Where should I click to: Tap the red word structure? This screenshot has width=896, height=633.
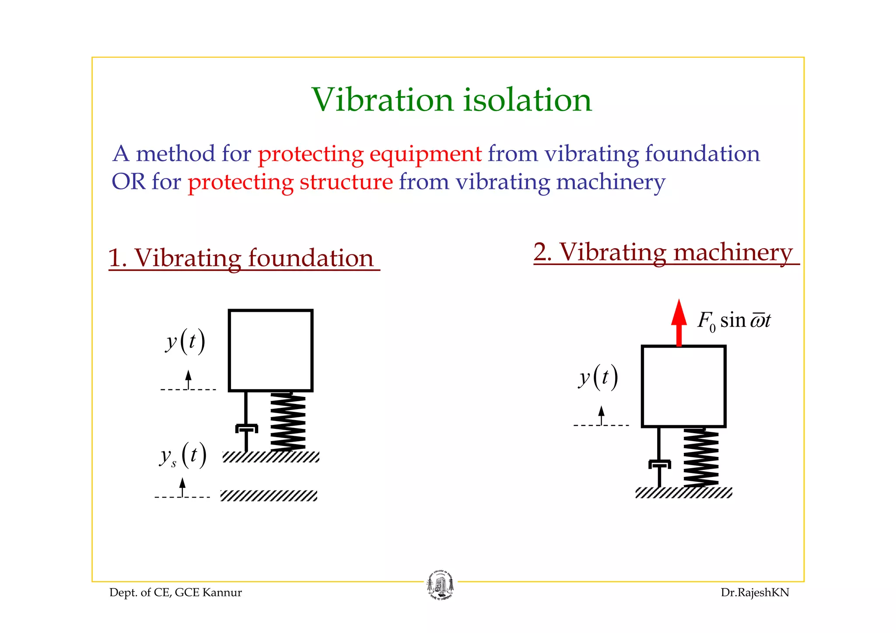click(x=346, y=182)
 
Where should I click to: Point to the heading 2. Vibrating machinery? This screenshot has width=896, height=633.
click(x=663, y=252)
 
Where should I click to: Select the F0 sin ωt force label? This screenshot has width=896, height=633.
click(x=734, y=320)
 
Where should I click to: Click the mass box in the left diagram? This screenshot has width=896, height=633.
click(x=270, y=351)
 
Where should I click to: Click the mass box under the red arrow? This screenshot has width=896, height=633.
click(x=683, y=386)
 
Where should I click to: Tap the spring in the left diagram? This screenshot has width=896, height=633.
click(x=287, y=422)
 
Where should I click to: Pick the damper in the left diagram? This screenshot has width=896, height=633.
click(x=246, y=428)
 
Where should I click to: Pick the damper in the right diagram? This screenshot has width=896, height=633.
click(x=659, y=464)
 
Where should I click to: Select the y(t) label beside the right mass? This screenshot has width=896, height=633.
click(x=598, y=377)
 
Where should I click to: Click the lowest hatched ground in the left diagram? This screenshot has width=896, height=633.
click(x=269, y=496)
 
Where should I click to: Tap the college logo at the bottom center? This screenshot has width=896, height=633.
click(x=440, y=585)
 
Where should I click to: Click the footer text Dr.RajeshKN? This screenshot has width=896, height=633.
click(x=755, y=593)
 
